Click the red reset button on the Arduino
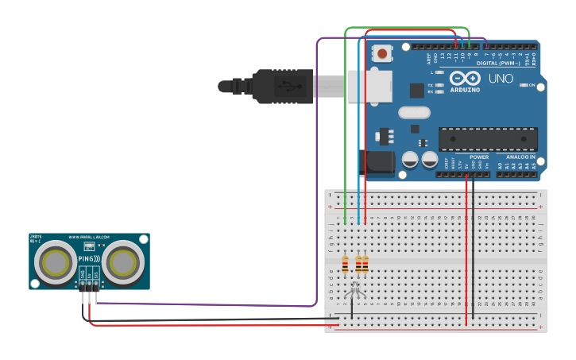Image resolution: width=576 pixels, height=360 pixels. [383, 54]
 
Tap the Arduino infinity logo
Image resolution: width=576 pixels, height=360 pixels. [465, 79]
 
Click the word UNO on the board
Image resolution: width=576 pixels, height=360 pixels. [501, 79]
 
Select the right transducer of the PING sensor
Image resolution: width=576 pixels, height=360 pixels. [124, 261]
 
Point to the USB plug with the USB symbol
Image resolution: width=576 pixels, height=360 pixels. [282, 86]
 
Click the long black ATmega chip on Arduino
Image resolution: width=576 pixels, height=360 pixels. [488, 139]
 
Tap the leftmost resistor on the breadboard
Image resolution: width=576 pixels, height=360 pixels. [345, 264]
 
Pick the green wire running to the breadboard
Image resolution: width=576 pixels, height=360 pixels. [345, 119]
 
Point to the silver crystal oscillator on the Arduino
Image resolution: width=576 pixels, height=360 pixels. [413, 112]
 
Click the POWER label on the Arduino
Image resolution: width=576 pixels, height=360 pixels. [479, 157]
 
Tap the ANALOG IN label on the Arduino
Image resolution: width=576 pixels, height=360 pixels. [521, 157]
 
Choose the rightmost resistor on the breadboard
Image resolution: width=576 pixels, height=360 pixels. [365, 264]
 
